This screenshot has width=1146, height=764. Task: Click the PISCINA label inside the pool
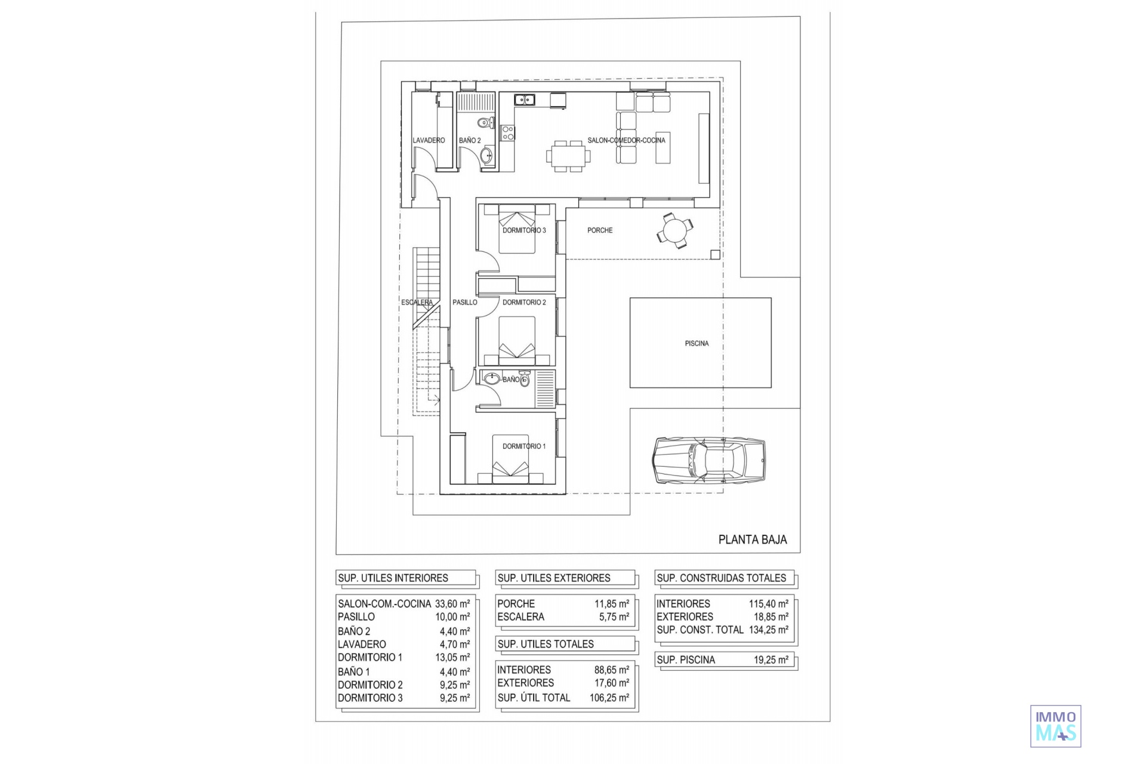697,343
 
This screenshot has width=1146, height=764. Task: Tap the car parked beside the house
708,460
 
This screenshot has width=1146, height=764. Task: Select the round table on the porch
675,230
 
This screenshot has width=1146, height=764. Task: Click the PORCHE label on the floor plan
600,230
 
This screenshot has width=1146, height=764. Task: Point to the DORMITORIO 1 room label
524,446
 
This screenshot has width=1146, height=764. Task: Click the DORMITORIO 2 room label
524,302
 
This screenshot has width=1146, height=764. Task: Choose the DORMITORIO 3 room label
524,230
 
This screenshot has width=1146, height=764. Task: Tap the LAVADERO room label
429,140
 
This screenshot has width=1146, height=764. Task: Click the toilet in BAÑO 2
485,124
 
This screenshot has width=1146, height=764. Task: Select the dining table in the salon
568,156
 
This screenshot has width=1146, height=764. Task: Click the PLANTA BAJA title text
752,540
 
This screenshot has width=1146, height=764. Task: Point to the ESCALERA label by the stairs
417,302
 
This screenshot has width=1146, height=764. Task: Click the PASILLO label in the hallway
464,302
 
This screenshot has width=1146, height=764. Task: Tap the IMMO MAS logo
1055,726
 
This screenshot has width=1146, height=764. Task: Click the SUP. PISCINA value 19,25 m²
771,660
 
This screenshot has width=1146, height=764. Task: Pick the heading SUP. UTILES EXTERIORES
554,578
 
